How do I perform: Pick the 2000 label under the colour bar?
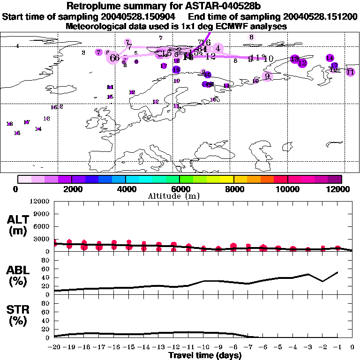[x=71, y=189]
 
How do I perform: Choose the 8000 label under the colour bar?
[x=233, y=189]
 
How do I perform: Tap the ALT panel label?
[x=17, y=219]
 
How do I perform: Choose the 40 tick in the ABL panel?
[x=46, y=278]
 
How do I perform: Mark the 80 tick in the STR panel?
[x=46, y=303]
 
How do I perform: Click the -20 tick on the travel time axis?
[x=54, y=347]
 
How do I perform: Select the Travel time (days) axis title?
[x=205, y=355]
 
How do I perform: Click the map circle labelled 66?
[x=114, y=58]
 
